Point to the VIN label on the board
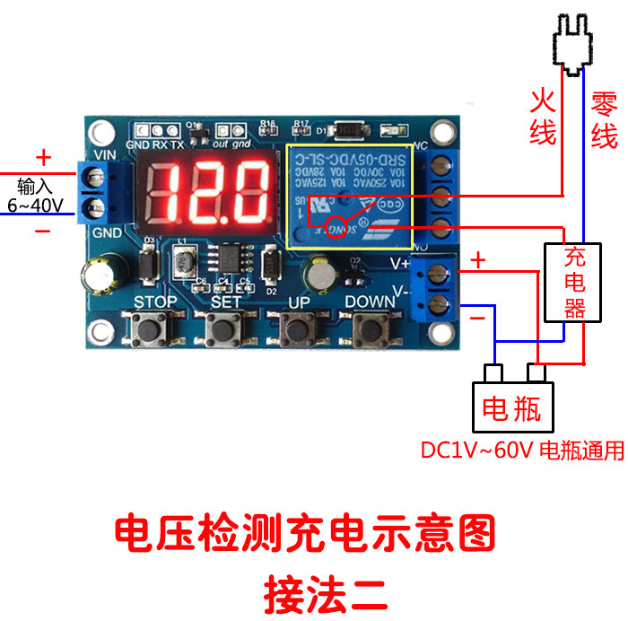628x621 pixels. point(106,155)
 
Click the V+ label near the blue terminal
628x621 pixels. point(399,264)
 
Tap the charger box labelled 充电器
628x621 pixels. point(573,282)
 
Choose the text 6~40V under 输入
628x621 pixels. point(36,206)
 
